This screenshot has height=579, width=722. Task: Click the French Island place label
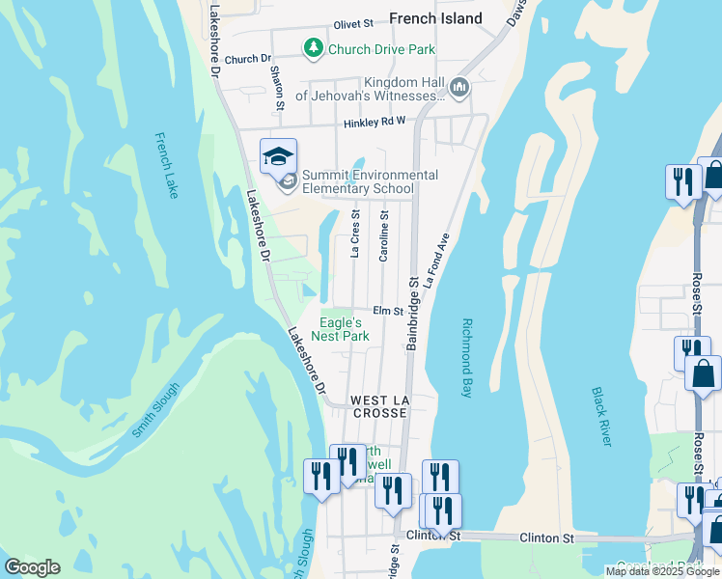click(435, 18)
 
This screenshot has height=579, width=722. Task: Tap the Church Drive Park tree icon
click(313, 47)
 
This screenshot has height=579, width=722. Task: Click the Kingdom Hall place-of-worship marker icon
click(458, 88)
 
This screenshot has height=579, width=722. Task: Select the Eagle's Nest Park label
click(344, 329)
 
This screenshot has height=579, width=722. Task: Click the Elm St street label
click(387, 311)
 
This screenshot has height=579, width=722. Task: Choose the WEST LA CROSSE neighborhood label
click(380, 406)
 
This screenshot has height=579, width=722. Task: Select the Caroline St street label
click(384, 236)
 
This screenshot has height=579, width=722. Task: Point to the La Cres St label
click(355, 234)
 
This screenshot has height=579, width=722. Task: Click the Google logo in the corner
click(32, 567)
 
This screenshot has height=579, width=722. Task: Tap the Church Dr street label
click(248, 59)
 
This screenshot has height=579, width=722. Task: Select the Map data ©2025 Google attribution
click(662, 571)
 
